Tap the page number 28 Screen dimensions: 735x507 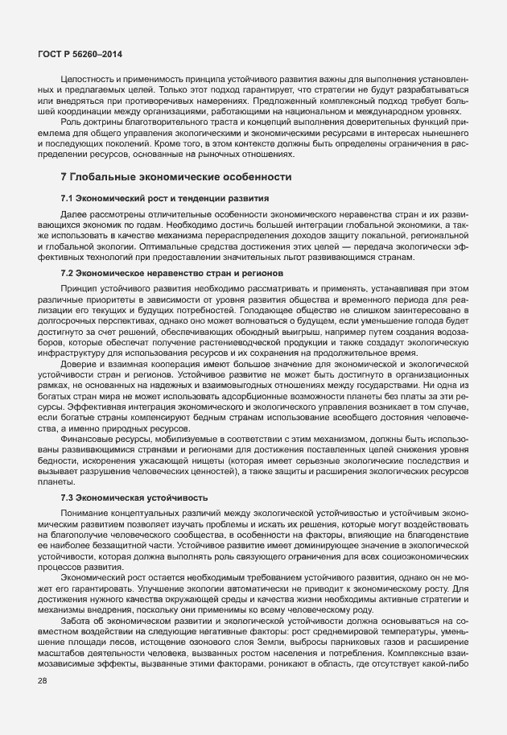[43, 704]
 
